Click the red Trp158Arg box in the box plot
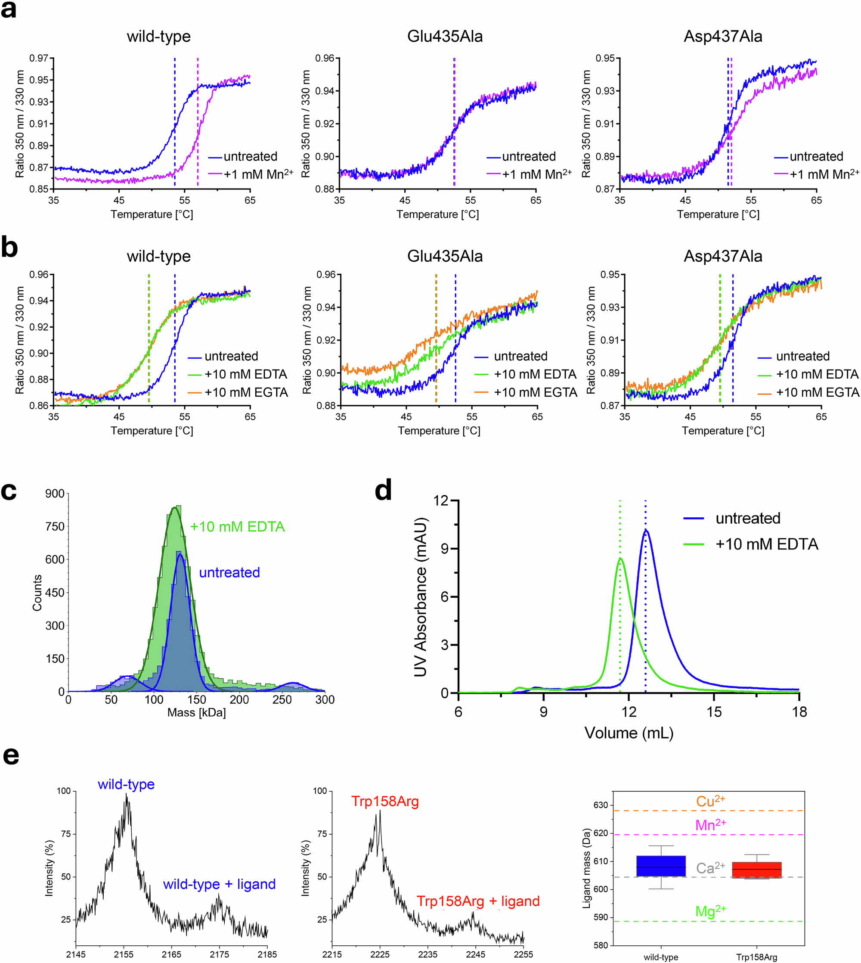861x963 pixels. point(756,870)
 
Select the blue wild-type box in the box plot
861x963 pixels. point(661,866)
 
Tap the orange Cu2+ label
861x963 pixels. point(710,801)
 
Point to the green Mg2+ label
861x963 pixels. point(710,911)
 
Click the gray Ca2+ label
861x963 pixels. point(710,868)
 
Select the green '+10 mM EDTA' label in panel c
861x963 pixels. point(237,527)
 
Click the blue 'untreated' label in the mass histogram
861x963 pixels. point(229,573)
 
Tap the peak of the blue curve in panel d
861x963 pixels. point(646,531)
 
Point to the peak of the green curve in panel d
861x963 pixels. point(620,559)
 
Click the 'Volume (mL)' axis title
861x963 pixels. point(629,733)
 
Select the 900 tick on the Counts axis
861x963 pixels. point(55,494)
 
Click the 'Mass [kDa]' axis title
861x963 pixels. point(196,713)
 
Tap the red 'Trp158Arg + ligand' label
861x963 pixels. point(478,901)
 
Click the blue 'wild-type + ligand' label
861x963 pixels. point(219,884)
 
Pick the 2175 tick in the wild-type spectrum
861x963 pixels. point(219,954)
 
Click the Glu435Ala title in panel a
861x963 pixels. point(445,37)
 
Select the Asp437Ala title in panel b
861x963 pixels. point(723,256)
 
